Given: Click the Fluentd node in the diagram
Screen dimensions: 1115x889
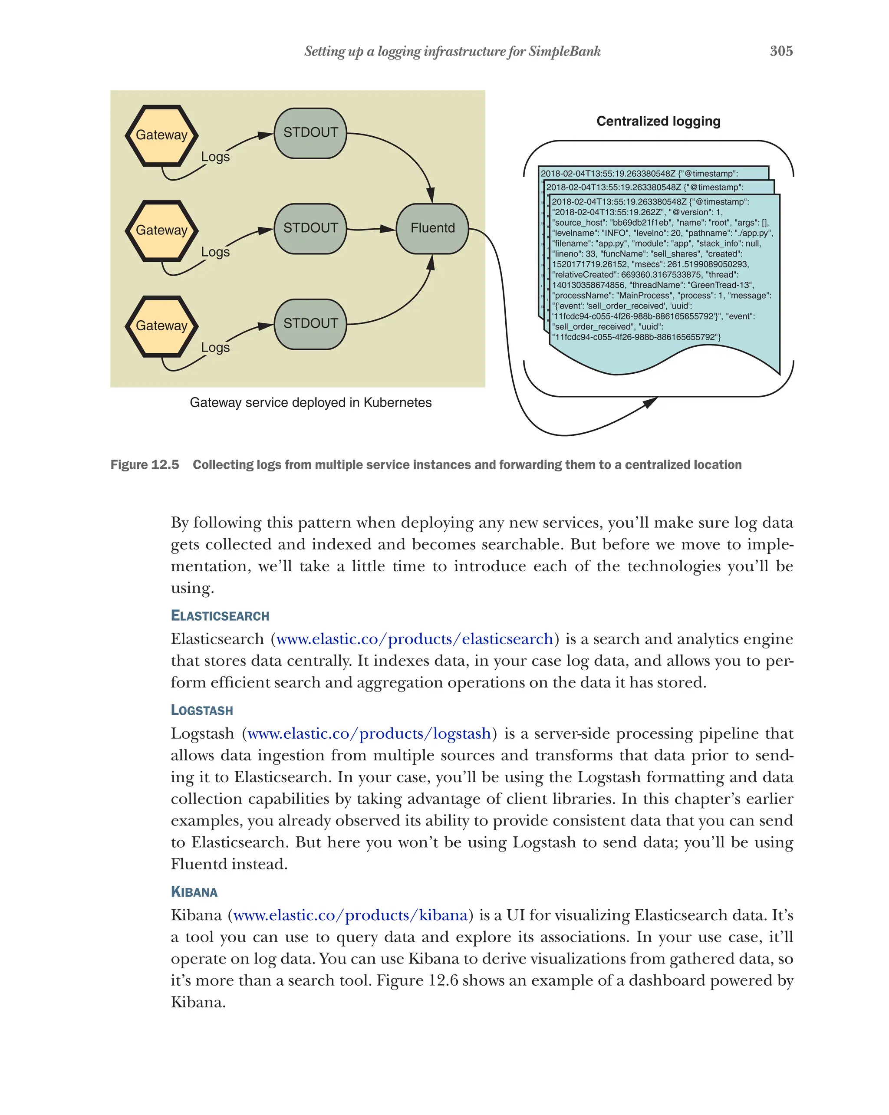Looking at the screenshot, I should click(432, 228).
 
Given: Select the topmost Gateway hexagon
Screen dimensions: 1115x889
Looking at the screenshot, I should click(161, 135).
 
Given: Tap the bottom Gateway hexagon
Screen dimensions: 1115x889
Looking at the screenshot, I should click(161, 326).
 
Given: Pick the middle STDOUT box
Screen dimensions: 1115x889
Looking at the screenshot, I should click(310, 228).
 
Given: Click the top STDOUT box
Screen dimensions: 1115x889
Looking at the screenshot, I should click(310, 132).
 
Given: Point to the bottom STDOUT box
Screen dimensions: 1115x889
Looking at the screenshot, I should click(310, 323).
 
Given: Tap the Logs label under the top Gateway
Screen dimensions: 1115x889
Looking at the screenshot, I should click(215, 157).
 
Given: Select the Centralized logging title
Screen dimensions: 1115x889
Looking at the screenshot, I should click(658, 121).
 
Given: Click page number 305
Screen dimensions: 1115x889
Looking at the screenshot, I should click(781, 51).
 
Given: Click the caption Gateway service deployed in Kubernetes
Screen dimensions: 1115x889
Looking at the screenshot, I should click(310, 402).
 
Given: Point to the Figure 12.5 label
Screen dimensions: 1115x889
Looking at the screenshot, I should click(145, 464).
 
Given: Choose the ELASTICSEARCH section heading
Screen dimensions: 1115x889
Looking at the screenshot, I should click(220, 615).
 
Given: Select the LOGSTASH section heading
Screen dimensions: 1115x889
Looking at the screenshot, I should click(202, 710).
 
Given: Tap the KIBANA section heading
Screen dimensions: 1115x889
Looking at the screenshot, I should click(194, 891).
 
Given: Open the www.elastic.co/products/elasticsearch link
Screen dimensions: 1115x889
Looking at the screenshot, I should click(414, 639).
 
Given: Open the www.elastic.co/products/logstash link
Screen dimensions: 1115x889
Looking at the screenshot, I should click(369, 734).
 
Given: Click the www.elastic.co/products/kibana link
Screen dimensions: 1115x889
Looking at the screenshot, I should click(350, 915).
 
